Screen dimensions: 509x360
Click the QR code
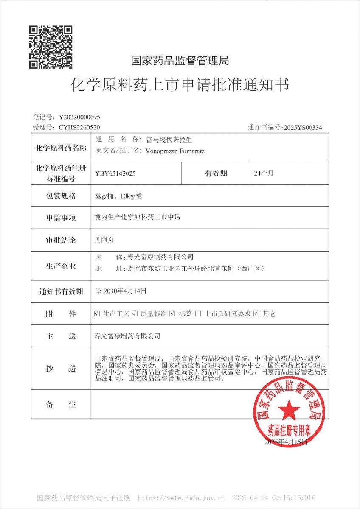[x=51, y=47]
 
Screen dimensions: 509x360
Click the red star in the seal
[x=289, y=410]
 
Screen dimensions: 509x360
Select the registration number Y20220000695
[x=79, y=117]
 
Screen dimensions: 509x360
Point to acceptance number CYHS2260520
[x=79, y=127]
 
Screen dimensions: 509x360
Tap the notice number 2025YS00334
[x=303, y=127]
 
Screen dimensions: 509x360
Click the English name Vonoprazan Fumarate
[x=174, y=151]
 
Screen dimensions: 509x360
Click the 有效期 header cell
[x=216, y=173]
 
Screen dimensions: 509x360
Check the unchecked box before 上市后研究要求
[x=198, y=314]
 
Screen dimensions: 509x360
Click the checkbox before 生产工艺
[x=97, y=314]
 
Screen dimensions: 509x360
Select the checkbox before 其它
[x=256, y=314]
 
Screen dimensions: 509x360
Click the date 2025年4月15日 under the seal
[x=285, y=442]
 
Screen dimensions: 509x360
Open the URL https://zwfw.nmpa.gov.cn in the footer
[x=181, y=498]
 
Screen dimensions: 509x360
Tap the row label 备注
[x=61, y=405]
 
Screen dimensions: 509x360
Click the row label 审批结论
[x=61, y=240]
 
